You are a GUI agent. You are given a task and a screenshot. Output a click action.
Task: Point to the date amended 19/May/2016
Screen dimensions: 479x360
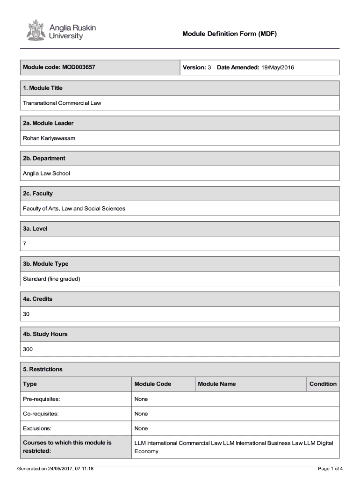tap(278, 67)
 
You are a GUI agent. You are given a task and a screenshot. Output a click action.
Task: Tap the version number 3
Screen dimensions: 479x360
tap(209, 67)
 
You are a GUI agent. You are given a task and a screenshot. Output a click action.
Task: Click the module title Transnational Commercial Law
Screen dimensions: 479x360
tap(62, 103)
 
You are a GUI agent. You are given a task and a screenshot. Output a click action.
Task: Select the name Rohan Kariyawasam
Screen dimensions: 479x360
tap(49, 138)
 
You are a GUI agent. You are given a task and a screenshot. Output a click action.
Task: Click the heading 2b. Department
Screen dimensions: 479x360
tap(44, 158)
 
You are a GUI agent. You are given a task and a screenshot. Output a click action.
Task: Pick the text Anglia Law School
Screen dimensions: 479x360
tap(46, 173)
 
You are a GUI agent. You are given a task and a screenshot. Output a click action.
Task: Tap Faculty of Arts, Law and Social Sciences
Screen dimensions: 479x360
tap(74, 208)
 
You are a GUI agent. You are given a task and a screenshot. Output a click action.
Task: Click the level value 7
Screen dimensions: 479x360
tap(25, 244)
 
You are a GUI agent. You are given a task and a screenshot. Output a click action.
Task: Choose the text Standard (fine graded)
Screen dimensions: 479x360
tap(51, 279)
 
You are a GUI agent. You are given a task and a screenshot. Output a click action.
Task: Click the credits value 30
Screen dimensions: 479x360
tap(26, 314)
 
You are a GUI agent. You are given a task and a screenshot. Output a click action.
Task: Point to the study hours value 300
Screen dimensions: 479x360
tap(28, 349)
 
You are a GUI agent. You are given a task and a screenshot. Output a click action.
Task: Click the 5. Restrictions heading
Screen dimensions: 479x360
tap(43, 369)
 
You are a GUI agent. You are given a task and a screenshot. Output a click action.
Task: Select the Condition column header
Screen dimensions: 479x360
tap(323, 384)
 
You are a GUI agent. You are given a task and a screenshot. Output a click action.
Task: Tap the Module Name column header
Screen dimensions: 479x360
tap(216, 384)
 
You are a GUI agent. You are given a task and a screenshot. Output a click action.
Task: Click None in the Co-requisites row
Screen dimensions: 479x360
tap(141, 414)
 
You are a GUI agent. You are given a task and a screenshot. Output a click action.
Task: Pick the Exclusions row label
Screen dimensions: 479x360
tap(37, 428)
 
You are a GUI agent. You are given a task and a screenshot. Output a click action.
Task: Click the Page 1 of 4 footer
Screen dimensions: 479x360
tap(330, 468)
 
